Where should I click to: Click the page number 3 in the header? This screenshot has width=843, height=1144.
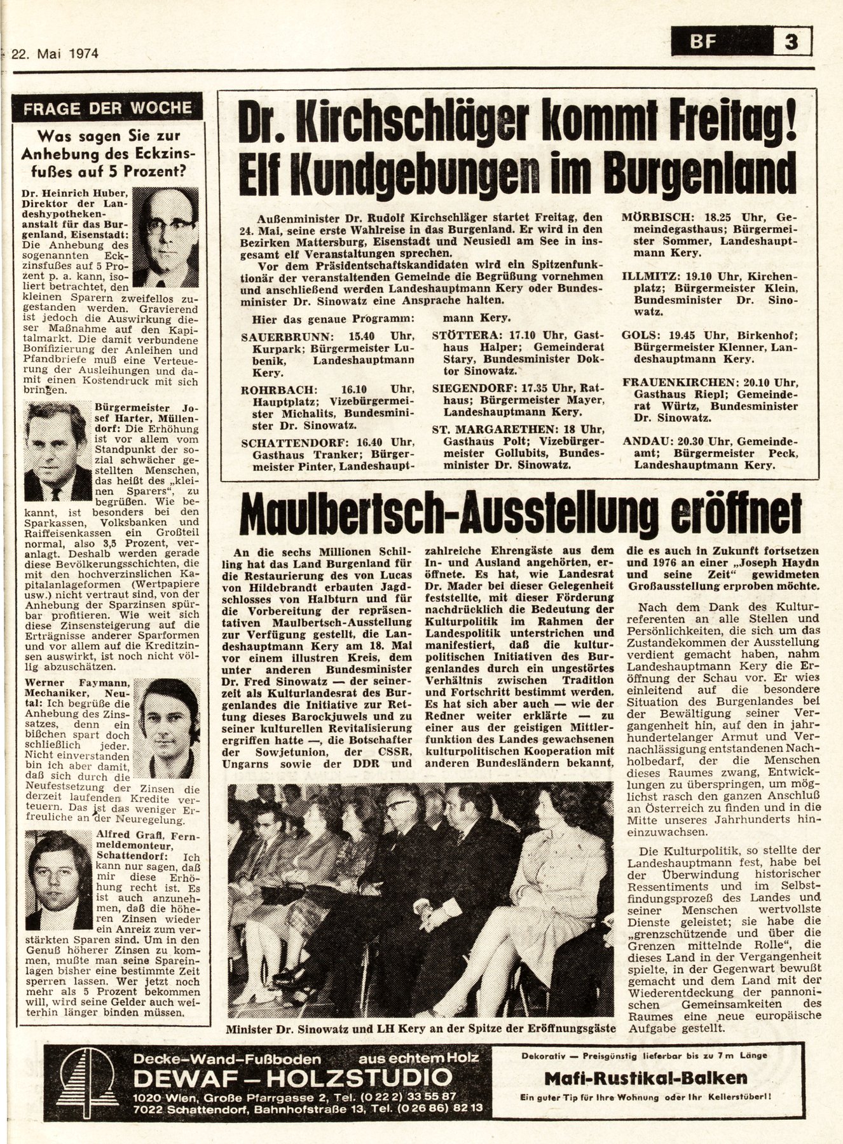click(x=791, y=43)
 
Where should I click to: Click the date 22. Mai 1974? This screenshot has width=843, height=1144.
click(x=57, y=53)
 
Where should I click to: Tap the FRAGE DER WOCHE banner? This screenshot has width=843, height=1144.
click(x=108, y=107)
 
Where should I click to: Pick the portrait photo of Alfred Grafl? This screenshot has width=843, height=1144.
click(x=58, y=881)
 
